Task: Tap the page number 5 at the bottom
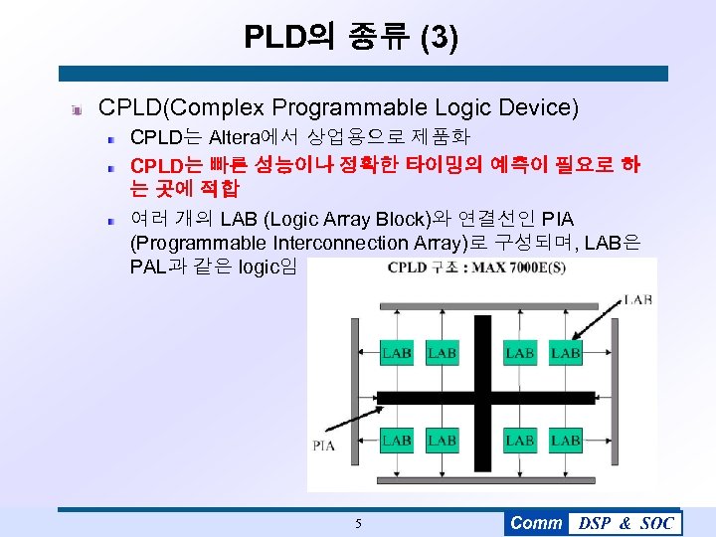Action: tap(358, 523)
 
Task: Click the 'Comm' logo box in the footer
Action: tap(535, 523)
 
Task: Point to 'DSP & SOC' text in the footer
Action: tap(626, 523)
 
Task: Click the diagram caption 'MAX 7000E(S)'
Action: tap(506, 268)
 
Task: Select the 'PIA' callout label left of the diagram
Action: tap(324, 446)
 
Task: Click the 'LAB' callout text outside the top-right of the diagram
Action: tap(637, 298)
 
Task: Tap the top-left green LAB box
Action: tap(397, 353)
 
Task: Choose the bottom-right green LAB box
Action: tap(566, 440)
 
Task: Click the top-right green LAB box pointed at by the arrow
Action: tap(566, 353)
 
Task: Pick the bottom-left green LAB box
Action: tap(397, 440)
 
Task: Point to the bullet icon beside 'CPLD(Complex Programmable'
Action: tap(76, 107)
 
